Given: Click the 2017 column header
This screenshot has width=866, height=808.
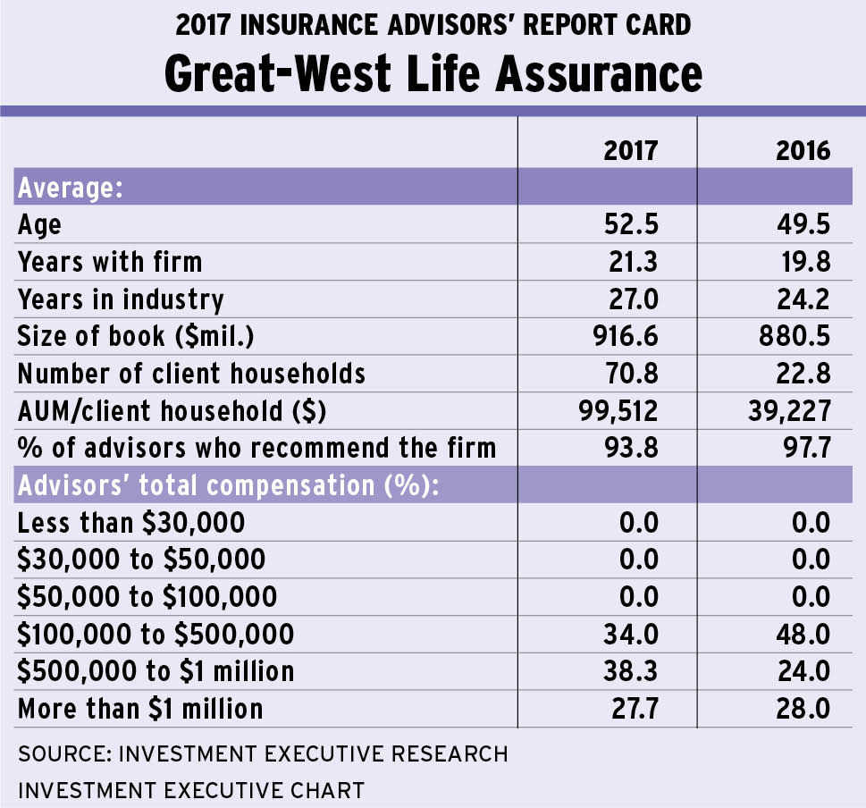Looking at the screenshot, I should (x=631, y=149).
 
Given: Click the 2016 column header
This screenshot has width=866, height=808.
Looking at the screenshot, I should (x=803, y=149).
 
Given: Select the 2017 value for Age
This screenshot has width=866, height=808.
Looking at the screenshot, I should (x=631, y=223).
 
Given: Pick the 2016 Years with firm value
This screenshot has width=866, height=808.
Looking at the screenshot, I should (x=803, y=261).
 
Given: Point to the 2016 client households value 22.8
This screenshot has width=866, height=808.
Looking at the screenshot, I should (x=803, y=372).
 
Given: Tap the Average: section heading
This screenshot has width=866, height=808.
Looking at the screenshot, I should (x=70, y=189).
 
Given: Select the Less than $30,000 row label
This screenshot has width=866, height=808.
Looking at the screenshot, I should (x=131, y=522).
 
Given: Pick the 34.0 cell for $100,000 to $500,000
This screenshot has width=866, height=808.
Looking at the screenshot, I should (x=631, y=634).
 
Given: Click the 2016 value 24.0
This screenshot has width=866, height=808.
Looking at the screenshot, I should (x=803, y=670).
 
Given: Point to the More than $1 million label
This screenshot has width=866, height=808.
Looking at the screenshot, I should (x=140, y=708).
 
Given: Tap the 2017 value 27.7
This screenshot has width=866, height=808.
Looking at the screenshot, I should (x=631, y=708).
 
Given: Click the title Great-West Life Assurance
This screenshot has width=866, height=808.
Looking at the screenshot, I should (x=433, y=73).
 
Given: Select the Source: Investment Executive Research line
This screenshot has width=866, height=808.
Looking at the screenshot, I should (x=263, y=753).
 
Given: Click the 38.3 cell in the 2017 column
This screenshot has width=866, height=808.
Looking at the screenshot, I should (x=631, y=670).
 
